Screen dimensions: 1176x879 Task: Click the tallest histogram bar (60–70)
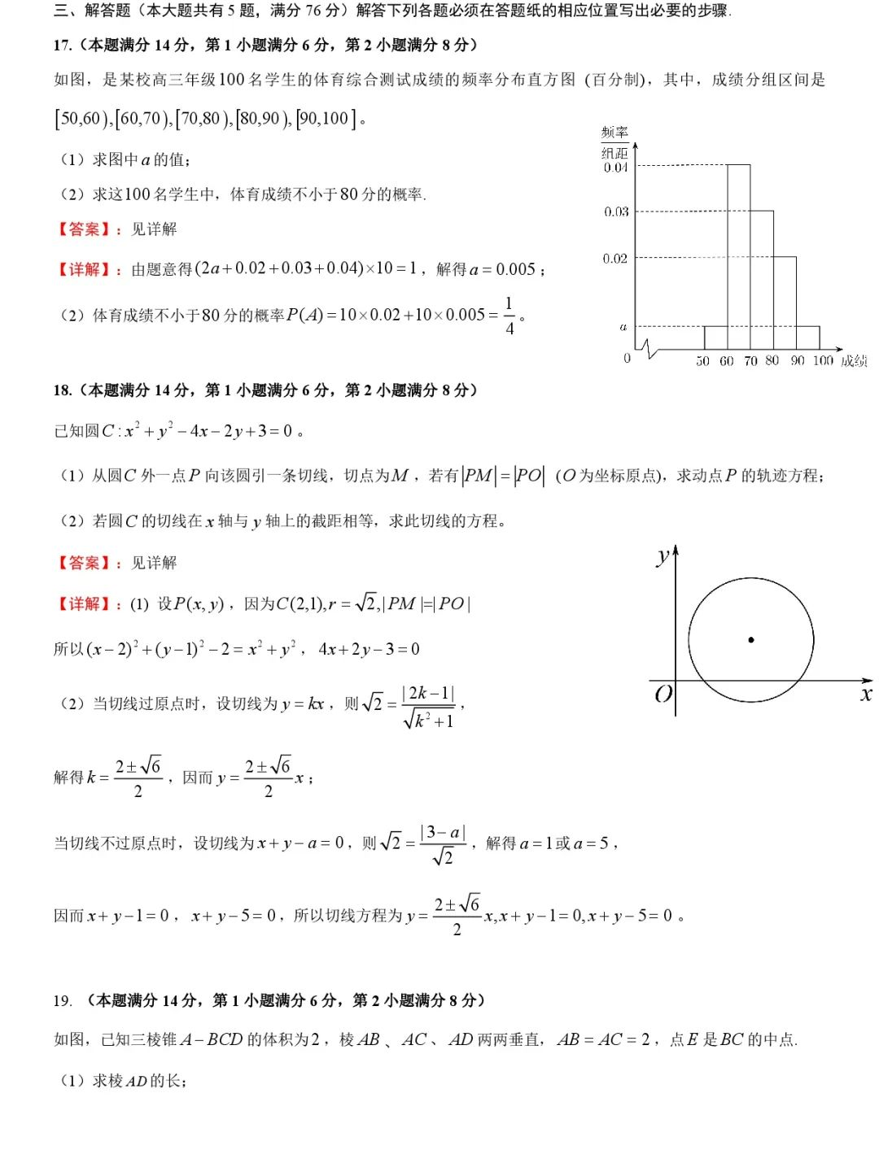[x=738, y=256]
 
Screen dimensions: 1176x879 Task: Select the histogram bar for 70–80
[x=762, y=280]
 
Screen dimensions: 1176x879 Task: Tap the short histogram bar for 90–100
[x=807, y=338]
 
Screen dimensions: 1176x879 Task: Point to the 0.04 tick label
[x=616, y=168]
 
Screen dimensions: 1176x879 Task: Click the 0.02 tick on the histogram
[x=615, y=259]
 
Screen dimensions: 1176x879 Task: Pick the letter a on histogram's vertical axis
[x=623, y=327]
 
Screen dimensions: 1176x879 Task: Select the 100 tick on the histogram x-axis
[x=823, y=360]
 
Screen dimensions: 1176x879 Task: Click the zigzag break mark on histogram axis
[x=649, y=350]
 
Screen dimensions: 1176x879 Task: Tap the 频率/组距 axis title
[x=614, y=142]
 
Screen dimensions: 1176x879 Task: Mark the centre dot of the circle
[x=751, y=640]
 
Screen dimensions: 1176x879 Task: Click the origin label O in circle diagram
[x=663, y=694]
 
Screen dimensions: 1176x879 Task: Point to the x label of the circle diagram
[x=866, y=694]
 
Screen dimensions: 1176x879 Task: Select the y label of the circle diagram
[x=663, y=557]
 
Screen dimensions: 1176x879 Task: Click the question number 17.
[x=63, y=46]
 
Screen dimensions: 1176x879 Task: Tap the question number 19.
[x=63, y=1000]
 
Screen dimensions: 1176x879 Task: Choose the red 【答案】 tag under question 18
[x=84, y=563]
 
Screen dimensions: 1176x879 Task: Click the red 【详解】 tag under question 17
[x=84, y=269]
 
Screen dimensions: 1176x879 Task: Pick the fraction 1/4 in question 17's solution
[x=509, y=316]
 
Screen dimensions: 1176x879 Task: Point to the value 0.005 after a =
[x=515, y=269]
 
